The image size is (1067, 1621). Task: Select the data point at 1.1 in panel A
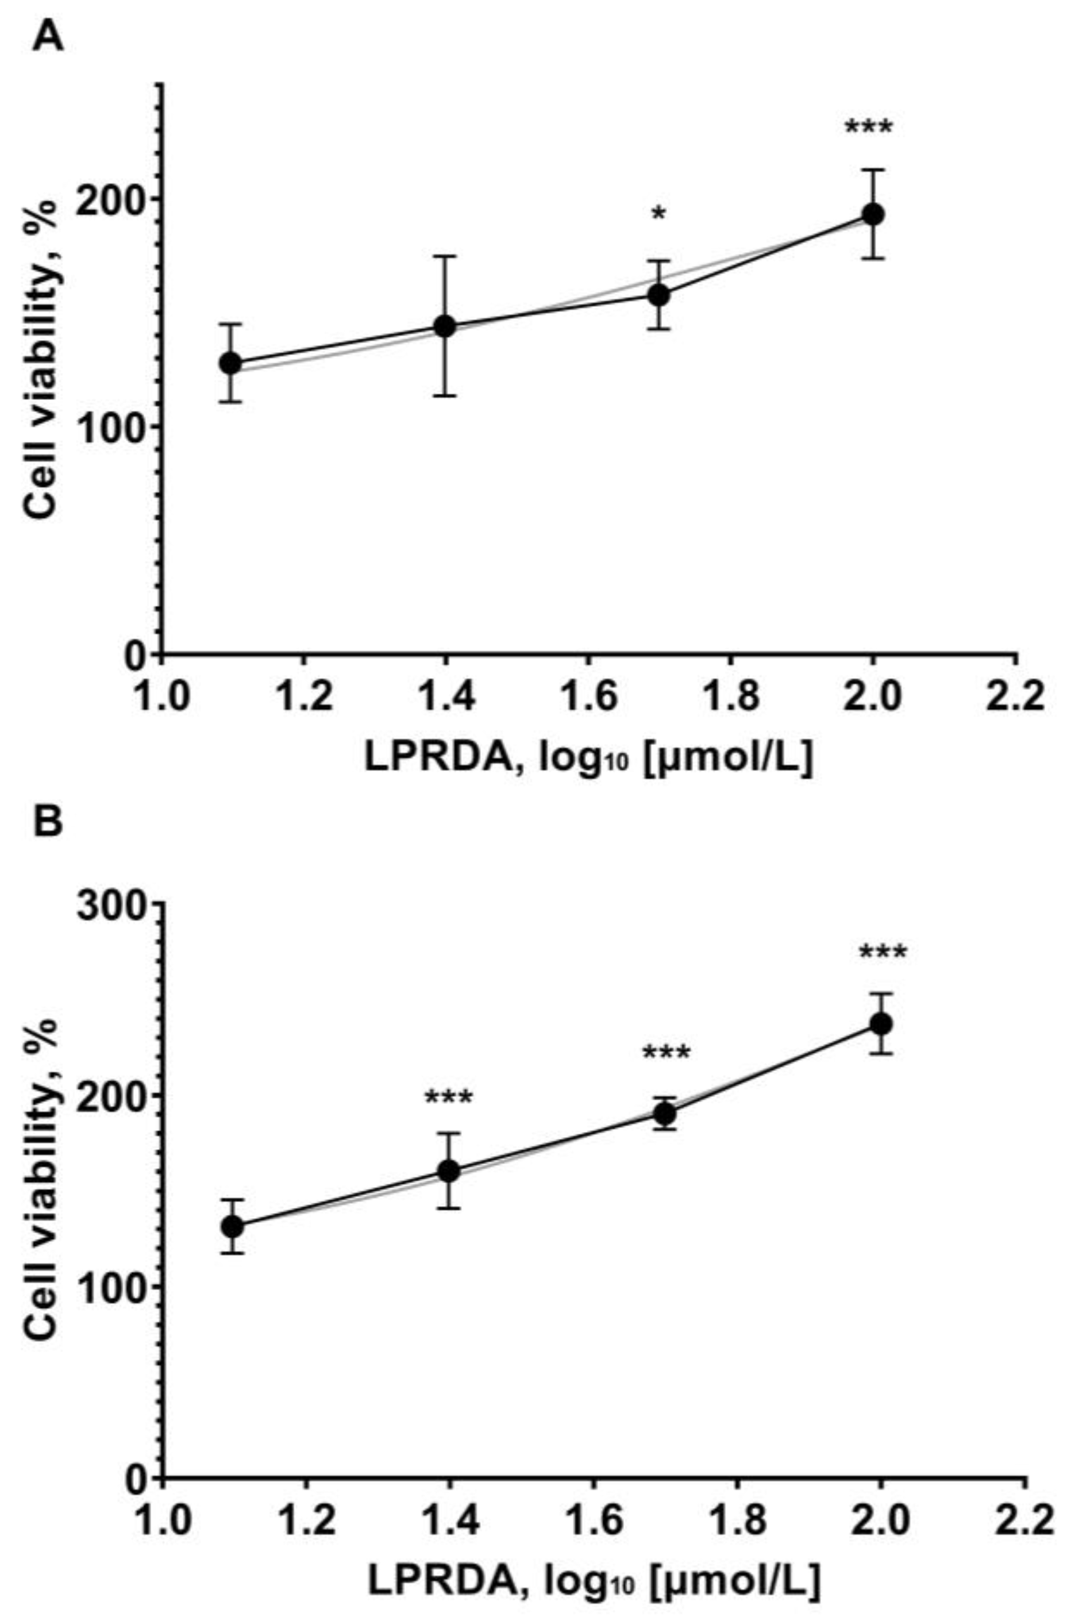point(231,363)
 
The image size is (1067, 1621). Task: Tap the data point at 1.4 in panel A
point(445,326)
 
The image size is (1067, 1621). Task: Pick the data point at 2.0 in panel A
point(873,214)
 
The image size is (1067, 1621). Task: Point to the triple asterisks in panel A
point(868,128)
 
